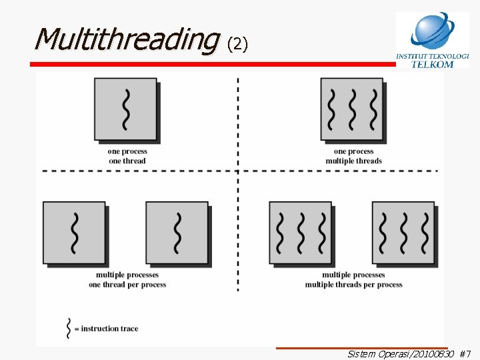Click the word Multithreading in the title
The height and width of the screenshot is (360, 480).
tap(125, 40)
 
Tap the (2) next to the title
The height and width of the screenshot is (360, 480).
tap(237, 44)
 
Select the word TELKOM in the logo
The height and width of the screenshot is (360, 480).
tap(432, 65)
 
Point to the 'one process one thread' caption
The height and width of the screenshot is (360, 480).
tap(127, 156)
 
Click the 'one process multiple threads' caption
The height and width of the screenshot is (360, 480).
tap(353, 156)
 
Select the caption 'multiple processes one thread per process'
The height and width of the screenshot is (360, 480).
tap(127, 279)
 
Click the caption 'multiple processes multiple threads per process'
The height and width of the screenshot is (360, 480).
tap(353, 279)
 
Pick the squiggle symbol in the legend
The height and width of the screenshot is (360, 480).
tap(68, 328)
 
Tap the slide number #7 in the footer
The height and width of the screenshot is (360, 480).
tap(465, 353)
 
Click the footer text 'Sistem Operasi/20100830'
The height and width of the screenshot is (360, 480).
tap(400, 353)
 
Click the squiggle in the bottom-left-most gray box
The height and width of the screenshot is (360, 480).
tap(75, 232)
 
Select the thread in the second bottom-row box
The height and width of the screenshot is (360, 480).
tap(177, 232)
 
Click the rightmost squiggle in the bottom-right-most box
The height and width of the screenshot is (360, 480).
tap(424, 232)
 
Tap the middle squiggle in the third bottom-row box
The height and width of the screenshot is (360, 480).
tap(301, 232)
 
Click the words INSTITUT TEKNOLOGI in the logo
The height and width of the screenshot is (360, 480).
tap(432, 56)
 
